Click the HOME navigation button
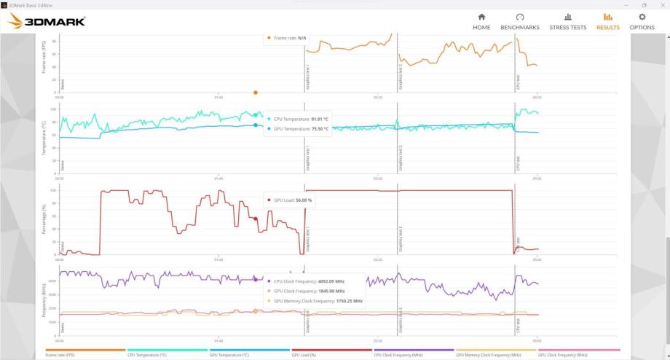click(x=481, y=21)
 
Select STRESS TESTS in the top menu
click(x=567, y=21)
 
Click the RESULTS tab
click(x=607, y=21)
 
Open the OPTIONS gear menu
click(x=642, y=21)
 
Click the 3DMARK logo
click(x=47, y=21)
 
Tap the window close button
click(x=661, y=4)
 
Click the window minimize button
click(x=626, y=4)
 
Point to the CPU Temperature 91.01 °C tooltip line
click(x=300, y=119)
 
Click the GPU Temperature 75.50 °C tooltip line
click(x=300, y=128)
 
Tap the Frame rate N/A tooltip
click(x=288, y=37)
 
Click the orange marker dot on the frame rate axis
click(x=256, y=93)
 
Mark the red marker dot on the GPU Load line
click(x=256, y=219)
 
